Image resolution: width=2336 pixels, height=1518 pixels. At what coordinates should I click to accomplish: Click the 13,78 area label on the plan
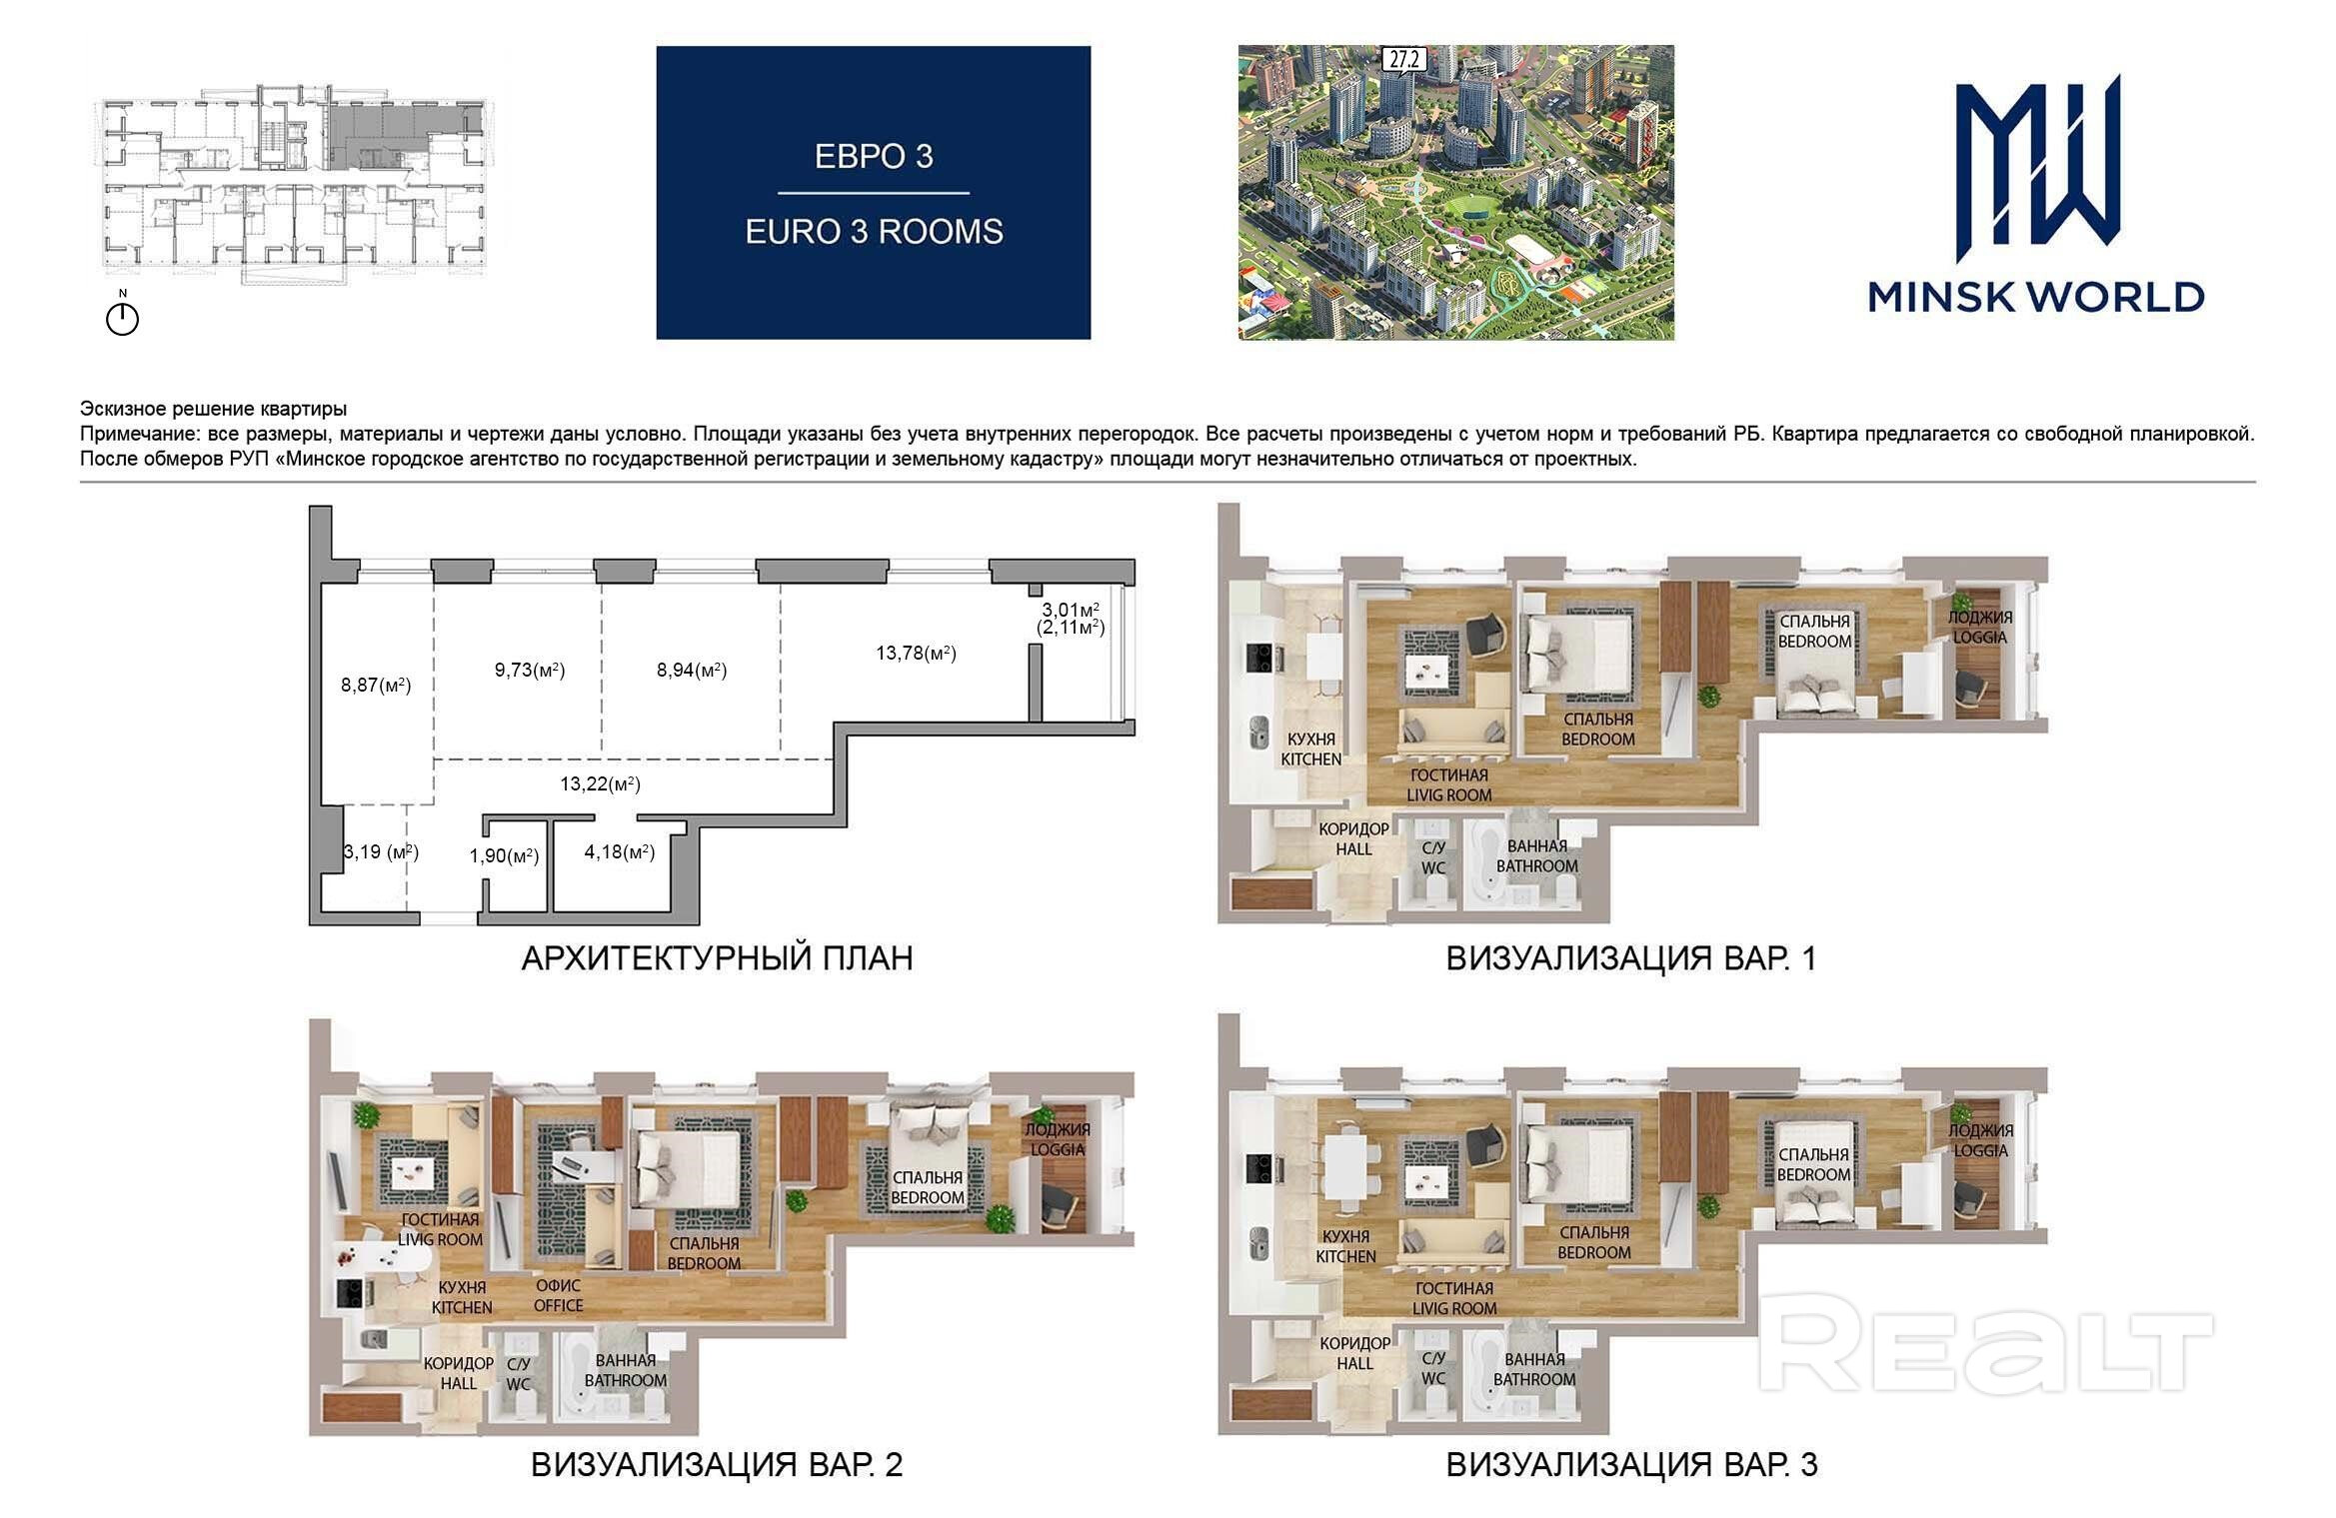pos(916,654)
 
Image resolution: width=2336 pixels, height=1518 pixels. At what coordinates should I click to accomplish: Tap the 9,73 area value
pos(530,671)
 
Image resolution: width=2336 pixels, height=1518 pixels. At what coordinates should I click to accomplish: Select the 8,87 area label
pos(376,686)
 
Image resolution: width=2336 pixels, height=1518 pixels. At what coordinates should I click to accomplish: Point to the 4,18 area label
pos(620,852)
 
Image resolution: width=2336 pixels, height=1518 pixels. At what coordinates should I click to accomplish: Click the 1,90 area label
pos(504,856)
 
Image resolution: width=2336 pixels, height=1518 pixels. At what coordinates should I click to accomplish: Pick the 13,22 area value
pos(600,784)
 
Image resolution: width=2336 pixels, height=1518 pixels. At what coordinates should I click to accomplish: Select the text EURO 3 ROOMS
pos(874,232)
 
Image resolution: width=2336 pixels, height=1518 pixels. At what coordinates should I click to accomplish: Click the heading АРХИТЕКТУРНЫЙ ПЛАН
pos(717,958)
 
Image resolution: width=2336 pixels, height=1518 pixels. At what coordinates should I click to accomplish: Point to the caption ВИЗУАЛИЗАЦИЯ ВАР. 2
pos(716,1465)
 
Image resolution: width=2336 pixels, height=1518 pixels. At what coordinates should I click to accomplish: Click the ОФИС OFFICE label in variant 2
pos(558,1296)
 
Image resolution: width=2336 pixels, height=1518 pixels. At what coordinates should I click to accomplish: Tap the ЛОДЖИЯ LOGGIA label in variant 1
pos(1979,628)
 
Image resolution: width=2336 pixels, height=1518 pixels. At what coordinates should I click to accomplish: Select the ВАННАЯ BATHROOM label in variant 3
pos(1534,1369)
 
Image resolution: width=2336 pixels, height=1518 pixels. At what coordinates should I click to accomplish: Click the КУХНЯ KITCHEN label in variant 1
pos(1311,750)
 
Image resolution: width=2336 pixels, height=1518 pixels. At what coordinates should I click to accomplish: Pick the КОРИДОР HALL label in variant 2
pos(459,1373)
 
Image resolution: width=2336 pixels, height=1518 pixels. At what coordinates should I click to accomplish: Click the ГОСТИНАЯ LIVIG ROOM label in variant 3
pos(1454,1298)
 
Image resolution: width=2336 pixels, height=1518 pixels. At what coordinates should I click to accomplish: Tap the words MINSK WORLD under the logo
pos(2036,297)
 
